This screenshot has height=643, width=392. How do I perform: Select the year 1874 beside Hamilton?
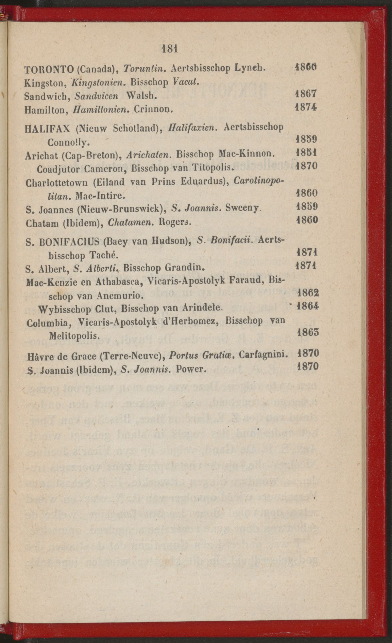[x=306, y=108]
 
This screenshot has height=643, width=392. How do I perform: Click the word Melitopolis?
[x=74, y=336]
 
